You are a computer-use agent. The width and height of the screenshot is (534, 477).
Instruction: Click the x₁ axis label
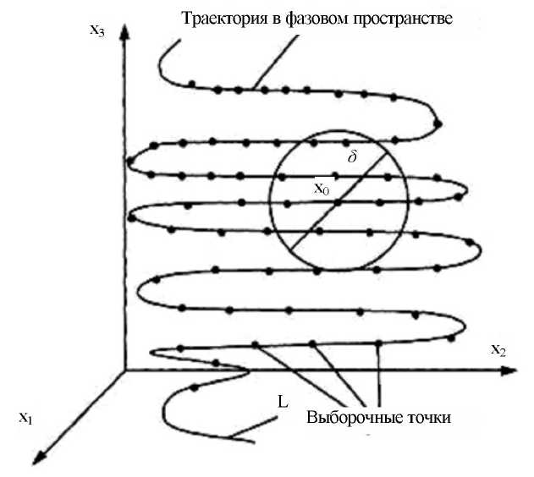pyautogui.click(x=25, y=417)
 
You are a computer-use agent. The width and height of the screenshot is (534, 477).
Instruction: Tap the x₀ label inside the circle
pyautogui.click(x=322, y=189)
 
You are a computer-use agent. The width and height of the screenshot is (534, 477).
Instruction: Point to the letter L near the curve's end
pyautogui.click(x=282, y=403)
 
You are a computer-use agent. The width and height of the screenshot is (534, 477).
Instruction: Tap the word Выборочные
pyautogui.click(x=347, y=418)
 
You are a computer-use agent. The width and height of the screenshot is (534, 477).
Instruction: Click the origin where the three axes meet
pyautogui.click(x=124, y=370)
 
